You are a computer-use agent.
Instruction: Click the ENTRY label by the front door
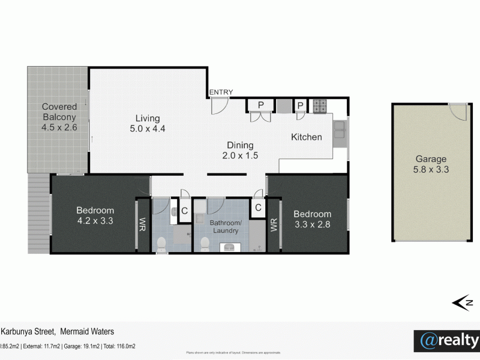[221, 92]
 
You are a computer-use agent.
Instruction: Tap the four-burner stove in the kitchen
[320, 106]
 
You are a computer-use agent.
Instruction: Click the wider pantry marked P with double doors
[260, 106]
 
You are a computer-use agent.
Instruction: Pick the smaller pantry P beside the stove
[300, 106]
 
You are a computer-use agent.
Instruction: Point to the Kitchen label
[307, 137]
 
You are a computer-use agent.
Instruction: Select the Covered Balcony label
[59, 117]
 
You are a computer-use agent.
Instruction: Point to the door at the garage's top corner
[458, 112]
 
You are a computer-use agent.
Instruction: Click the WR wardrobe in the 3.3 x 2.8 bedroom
[274, 225]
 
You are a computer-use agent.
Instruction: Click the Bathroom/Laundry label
[226, 226]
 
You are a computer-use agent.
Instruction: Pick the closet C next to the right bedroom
[257, 208]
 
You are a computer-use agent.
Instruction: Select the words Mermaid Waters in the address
[87, 331]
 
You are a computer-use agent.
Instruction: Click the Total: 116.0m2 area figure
[118, 346]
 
